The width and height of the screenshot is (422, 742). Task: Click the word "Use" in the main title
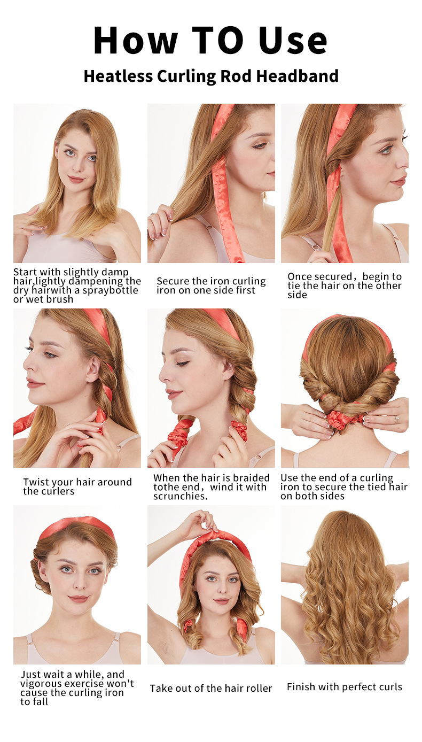pos(293,41)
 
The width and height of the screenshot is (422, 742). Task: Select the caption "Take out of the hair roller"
pos(211,688)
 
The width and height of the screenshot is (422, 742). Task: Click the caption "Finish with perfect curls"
pos(345,687)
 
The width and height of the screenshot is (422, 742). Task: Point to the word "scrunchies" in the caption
pos(178,496)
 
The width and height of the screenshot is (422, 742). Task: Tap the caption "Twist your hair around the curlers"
pos(77,486)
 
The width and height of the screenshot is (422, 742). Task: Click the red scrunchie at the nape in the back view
pos(345,419)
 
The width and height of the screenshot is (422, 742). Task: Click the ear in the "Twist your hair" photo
pos(95,368)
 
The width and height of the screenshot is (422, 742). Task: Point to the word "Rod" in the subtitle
pos(235,76)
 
